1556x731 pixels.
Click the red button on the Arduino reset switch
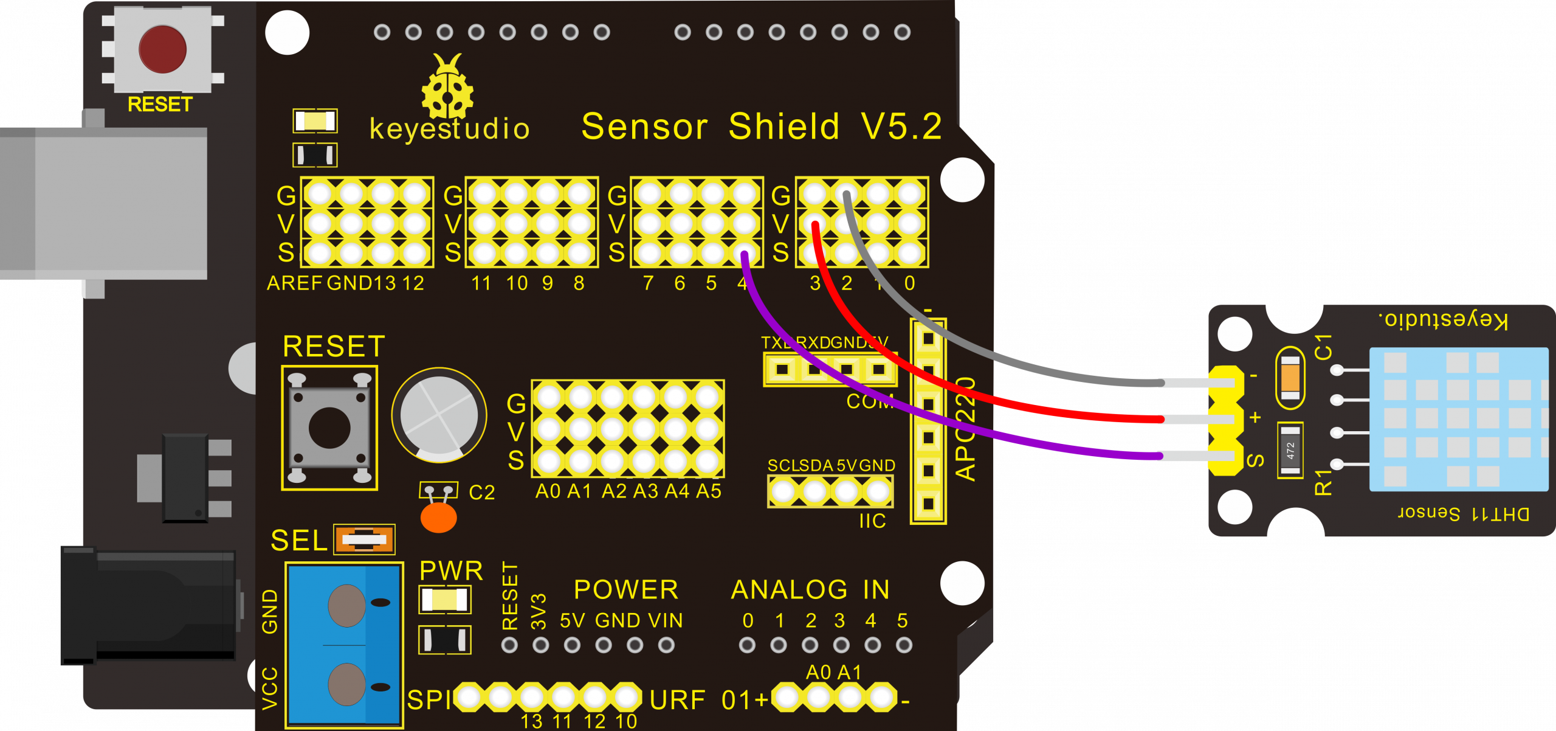[x=162, y=49]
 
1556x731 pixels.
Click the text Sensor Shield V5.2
[x=761, y=126]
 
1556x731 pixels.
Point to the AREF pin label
[x=294, y=283]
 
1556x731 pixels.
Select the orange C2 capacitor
[x=438, y=518]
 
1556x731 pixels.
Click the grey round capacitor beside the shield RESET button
[x=439, y=415]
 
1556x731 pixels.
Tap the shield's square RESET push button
[x=329, y=428]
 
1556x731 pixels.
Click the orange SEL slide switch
[x=365, y=539]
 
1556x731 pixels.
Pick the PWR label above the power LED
[x=451, y=571]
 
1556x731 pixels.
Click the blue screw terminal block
[x=345, y=644]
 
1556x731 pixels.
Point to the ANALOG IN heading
[x=810, y=590]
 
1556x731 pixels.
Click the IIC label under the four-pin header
[x=872, y=521]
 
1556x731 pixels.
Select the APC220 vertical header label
[x=966, y=429]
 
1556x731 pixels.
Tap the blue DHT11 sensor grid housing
[x=1459, y=420]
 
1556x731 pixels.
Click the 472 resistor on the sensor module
[x=1290, y=451]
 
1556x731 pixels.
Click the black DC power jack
[x=149, y=605]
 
